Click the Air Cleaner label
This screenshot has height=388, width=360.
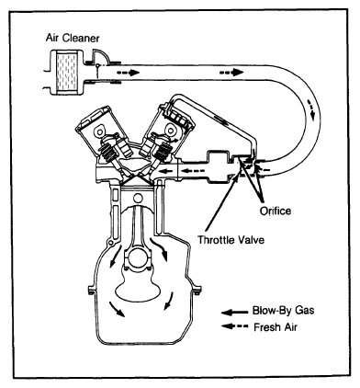coord(73,38)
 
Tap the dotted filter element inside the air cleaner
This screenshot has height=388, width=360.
coord(66,71)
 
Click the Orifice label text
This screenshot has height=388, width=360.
coord(276,211)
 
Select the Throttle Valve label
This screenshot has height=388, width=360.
coord(231,239)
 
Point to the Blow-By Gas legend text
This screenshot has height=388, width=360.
coord(283,310)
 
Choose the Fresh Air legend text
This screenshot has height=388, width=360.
coord(276,327)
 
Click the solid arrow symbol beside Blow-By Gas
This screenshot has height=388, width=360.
coord(234,313)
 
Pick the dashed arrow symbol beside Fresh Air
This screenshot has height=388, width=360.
coord(234,326)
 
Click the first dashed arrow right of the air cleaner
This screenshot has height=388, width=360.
coord(129,73)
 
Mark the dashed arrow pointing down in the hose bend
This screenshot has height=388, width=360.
coord(310,109)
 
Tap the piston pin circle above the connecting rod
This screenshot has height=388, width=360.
coord(138,199)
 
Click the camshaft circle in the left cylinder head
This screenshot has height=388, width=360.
coord(99,131)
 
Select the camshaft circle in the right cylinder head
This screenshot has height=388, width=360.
coord(169,131)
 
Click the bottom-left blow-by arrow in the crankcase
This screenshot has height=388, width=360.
coord(117,309)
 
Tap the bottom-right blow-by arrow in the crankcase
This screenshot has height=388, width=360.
coord(168,301)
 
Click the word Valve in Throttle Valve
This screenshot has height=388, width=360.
coord(252,239)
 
